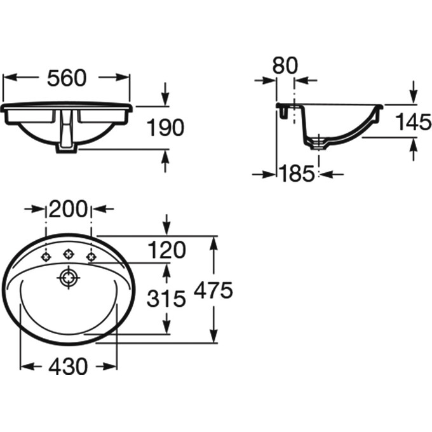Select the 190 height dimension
165,127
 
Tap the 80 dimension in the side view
285,65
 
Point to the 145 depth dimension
414,122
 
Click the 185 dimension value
297,173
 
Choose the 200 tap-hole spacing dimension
69,209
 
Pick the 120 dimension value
166,250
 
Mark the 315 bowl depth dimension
166,299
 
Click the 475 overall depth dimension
213,290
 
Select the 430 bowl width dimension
68,366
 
